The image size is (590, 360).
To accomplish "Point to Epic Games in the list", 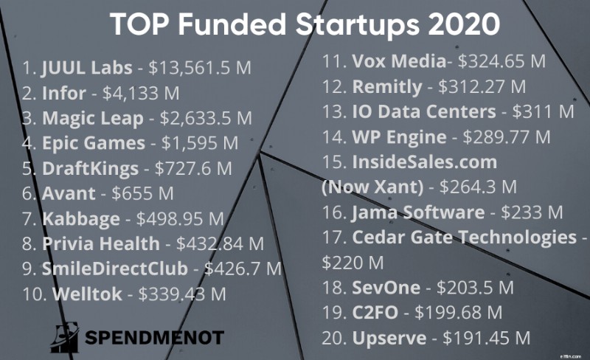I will click(x=93, y=144).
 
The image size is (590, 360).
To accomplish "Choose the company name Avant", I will click(x=69, y=194).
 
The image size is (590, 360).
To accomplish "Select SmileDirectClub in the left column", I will click(x=115, y=269).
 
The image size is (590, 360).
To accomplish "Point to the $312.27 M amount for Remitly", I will click(x=482, y=86).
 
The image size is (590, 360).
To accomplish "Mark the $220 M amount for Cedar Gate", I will click(x=353, y=262).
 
